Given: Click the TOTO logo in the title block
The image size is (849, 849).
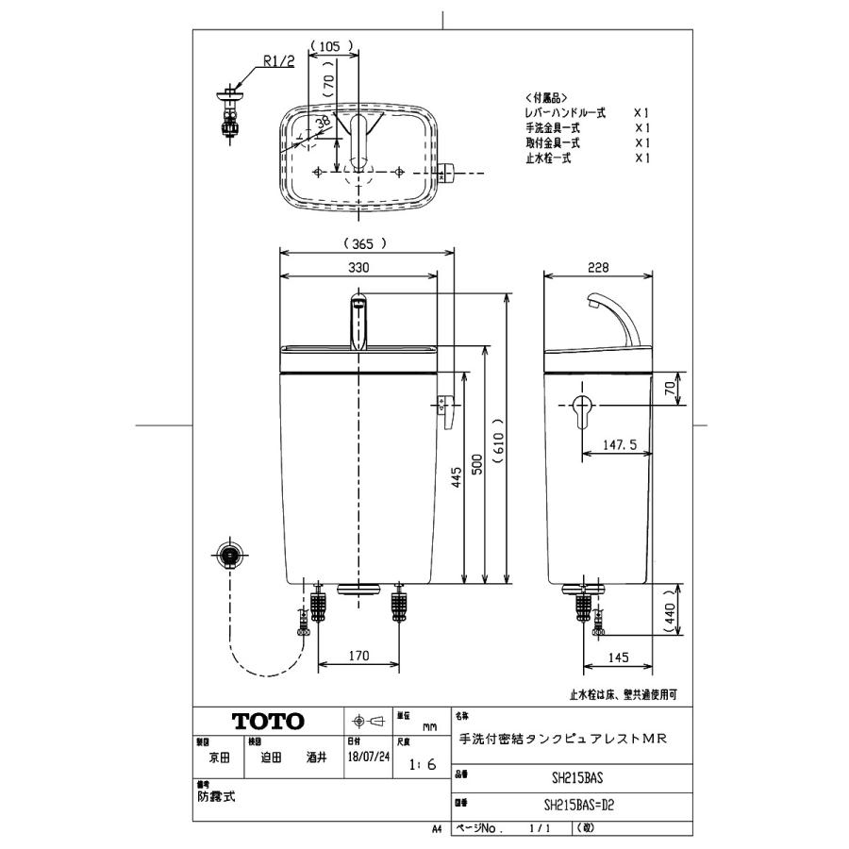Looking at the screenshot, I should pos(269,722).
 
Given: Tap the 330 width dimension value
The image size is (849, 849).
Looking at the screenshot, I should pos(358,267).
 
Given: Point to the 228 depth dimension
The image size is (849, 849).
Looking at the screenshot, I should pos(598,267).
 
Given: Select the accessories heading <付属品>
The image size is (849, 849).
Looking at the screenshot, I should pos(546,97).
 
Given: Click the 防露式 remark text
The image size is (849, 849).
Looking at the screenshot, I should pos(216,797).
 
